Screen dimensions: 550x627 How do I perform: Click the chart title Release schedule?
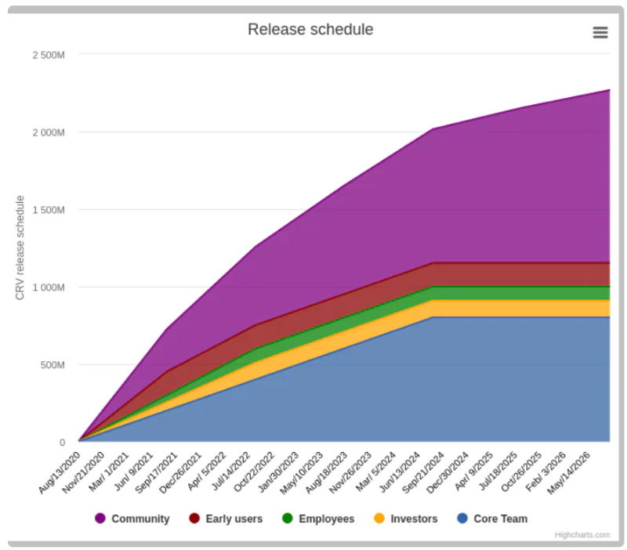coord(310,30)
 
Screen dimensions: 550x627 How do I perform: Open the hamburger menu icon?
coord(600,32)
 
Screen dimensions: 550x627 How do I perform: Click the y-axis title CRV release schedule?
coord(20,248)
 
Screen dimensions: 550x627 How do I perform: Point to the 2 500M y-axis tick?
coord(48,55)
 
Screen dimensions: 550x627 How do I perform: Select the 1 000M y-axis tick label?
coord(48,288)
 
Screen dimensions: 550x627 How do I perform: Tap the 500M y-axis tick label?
coord(53,365)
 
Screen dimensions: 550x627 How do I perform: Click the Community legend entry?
coord(140,519)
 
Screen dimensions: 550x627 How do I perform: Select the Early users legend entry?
coord(234,519)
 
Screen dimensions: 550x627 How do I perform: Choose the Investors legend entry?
coord(414,519)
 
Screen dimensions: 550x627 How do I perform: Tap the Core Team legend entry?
coord(500,519)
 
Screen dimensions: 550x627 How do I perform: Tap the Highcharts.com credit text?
coord(582,535)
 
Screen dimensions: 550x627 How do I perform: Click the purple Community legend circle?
coord(100,519)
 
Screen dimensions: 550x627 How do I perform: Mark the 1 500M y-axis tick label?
coord(48,210)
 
